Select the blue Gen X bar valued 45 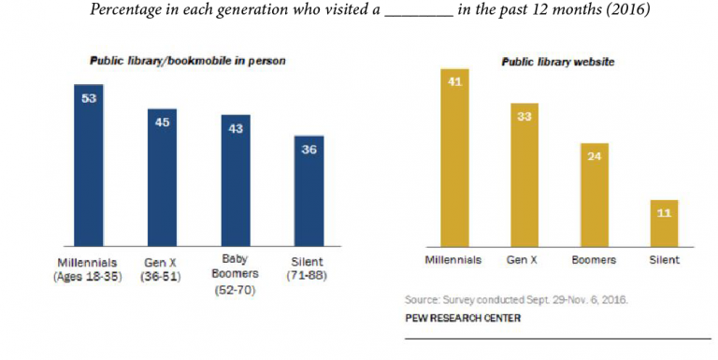pos(162,178)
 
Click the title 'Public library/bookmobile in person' pos(187,61)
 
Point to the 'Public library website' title pos(555,61)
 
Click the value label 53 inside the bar pos(89,97)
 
